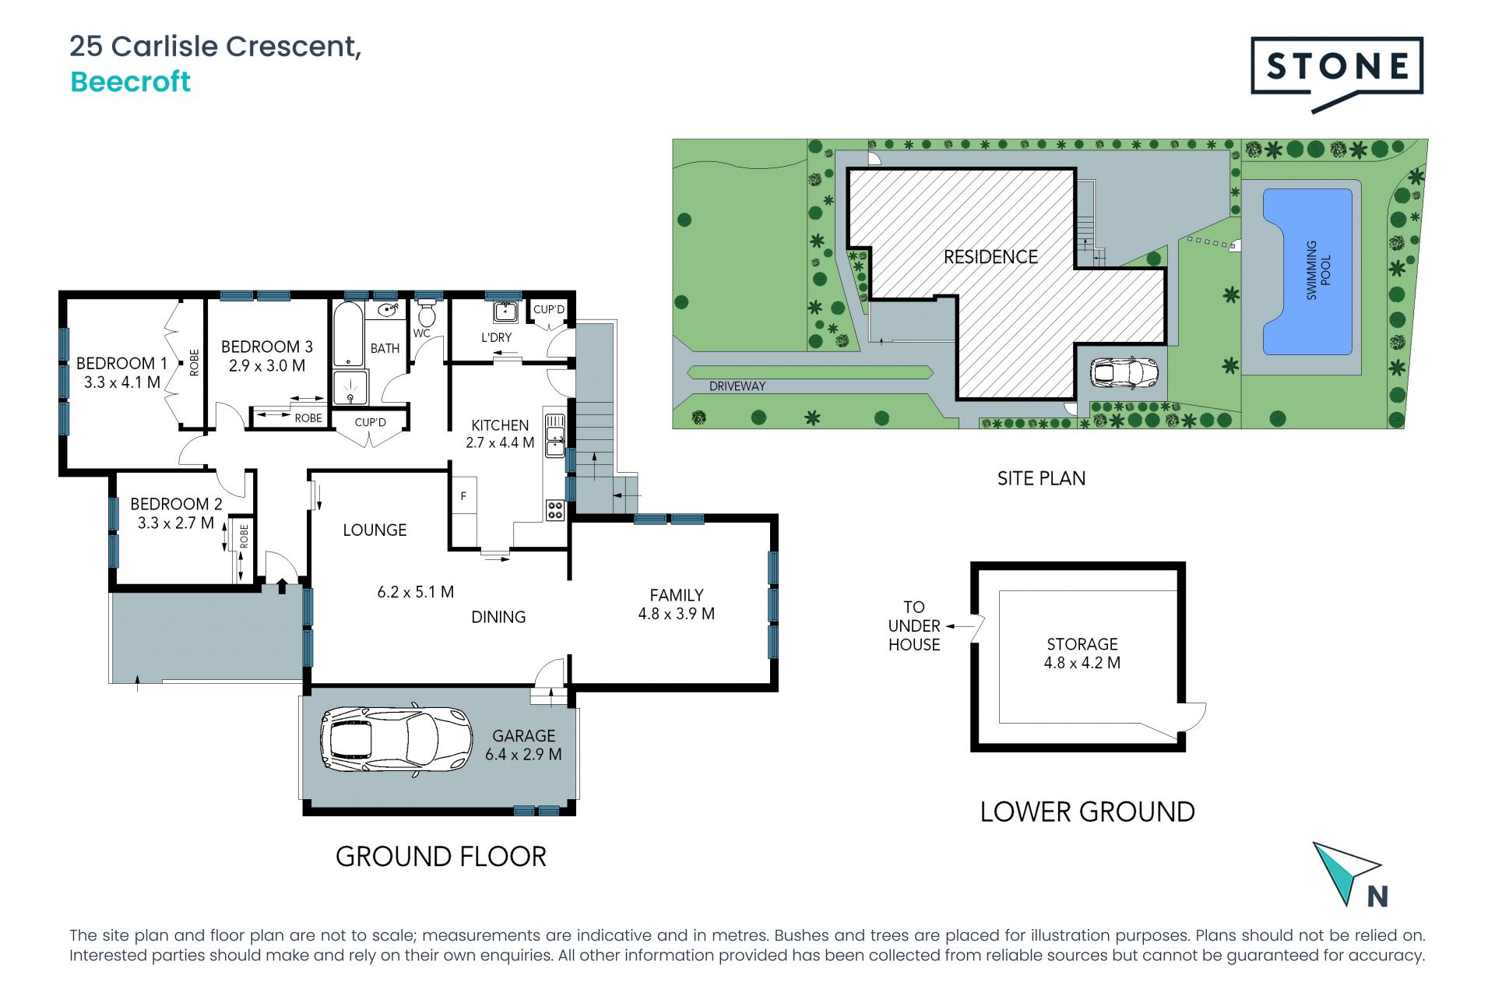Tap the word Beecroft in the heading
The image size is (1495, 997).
(x=130, y=82)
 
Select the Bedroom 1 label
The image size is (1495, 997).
(x=121, y=364)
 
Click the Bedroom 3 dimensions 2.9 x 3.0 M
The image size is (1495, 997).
(x=267, y=366)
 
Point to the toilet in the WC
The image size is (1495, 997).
(x=426, y=315)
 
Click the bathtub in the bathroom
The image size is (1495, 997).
(x=347, y=334)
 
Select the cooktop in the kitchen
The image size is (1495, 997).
(x=555, y=510)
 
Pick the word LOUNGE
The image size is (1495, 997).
(x=375, y=530)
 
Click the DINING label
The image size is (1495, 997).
(x=498, y=618)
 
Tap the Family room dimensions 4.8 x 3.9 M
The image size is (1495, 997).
(x=677, y=614)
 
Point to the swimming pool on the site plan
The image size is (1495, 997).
(x=1307, y=271)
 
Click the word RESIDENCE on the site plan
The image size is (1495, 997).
(x=990, y=257)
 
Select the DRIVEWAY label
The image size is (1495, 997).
(x=737, y=386)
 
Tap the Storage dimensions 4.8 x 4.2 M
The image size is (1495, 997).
(x=1082, y=663)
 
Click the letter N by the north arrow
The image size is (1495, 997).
(x=1377, y=897)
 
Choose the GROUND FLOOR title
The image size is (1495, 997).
(x=441, y=857)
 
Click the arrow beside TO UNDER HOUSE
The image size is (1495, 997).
(x=960, y=626)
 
